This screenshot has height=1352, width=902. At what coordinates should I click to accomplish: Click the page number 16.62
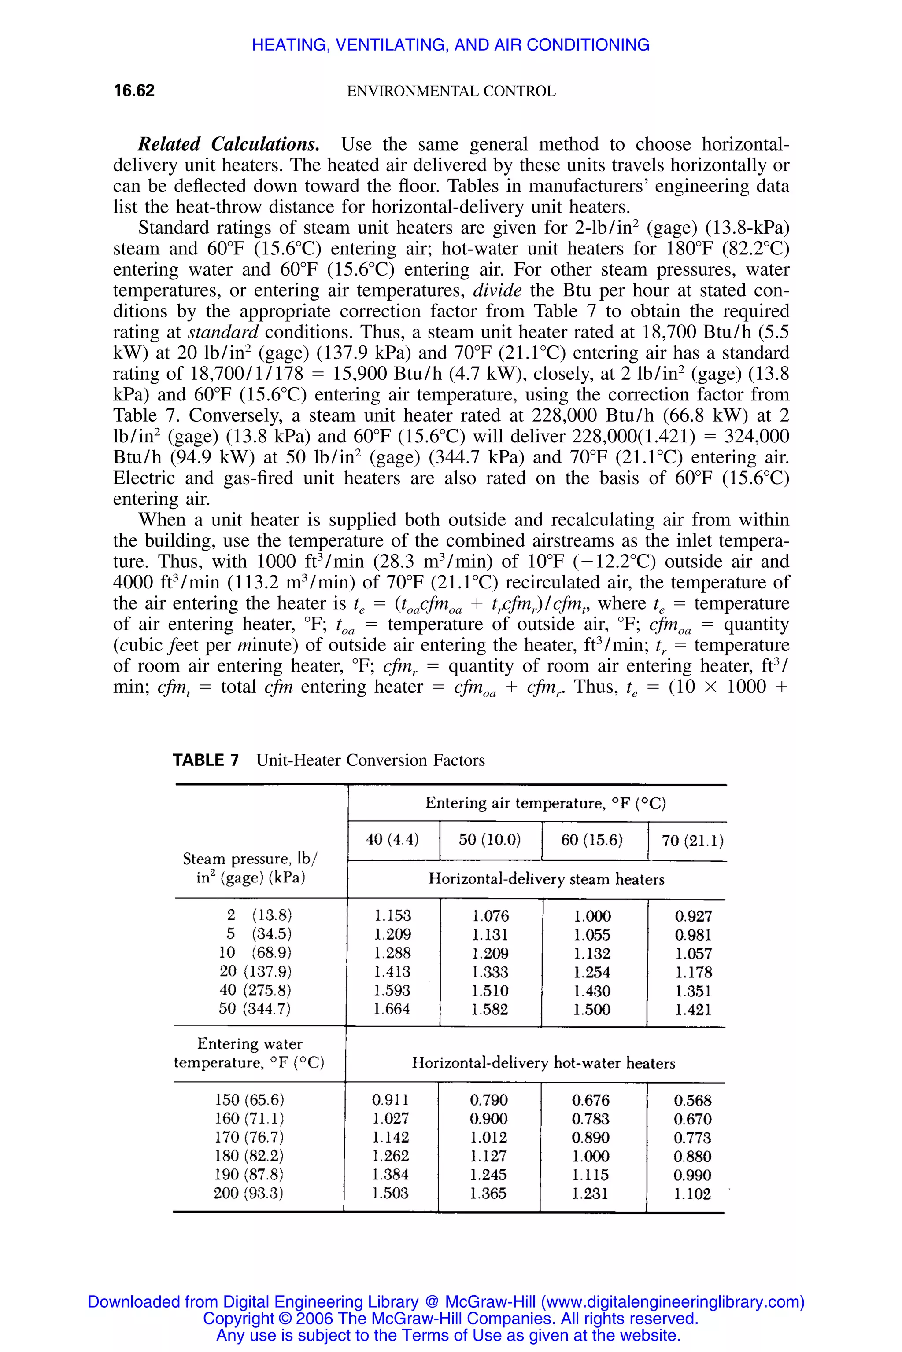(x=134, y=91)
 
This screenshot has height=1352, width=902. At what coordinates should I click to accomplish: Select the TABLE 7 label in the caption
(x=205, y=760)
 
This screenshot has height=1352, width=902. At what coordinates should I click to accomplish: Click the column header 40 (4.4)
(x=392, y=840)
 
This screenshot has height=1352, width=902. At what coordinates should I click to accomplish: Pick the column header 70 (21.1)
(x=692, y=841)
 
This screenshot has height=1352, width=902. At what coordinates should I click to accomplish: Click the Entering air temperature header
(x=545, y=803)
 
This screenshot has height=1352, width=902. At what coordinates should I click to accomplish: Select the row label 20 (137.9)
(x=255, y=971)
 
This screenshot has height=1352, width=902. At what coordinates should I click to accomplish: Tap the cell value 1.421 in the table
(x=693, y=1010)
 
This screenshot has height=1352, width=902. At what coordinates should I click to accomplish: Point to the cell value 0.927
(x=693, y=916)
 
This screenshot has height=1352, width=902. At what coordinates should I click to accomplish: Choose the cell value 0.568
(x=693, y=1100)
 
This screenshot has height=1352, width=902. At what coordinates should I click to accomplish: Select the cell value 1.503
(x=390, y=1194)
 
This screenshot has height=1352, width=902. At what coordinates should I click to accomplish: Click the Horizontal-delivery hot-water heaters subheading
(x=543, y=1063)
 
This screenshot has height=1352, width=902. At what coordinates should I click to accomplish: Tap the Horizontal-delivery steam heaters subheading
(x=546, y=879)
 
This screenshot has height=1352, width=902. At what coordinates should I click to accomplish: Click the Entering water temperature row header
(x=249, y=1053)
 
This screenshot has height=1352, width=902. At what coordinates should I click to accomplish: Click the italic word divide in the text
(x=496, y=290)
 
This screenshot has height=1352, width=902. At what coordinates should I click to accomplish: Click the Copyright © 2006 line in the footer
(x=451, y=1318)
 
